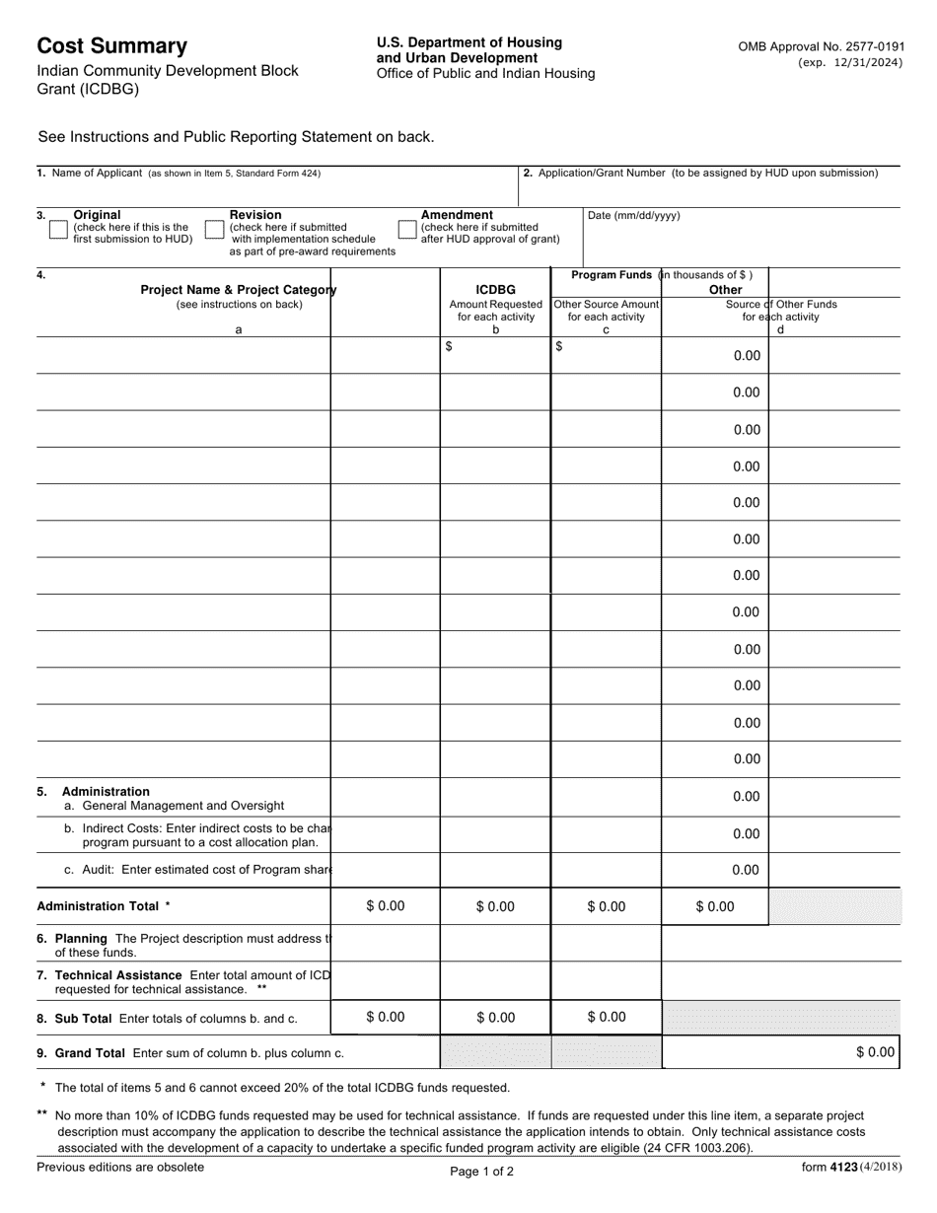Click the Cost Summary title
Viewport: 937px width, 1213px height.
click(111, 46)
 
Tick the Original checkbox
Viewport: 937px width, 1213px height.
click(58, 230)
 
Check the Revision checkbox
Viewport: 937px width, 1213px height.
click(214, 230)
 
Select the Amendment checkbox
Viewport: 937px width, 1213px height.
click(406, 230)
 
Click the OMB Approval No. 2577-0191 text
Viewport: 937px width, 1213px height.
click(820, 46)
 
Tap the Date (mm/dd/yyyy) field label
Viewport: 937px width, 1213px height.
click(634, 216)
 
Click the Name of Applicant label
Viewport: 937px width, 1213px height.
click(97, 174)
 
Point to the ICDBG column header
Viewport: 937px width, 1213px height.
click(495, 290)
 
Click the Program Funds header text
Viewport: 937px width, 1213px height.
click(612, 275)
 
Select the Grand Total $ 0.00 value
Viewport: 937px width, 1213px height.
click(875, 1052)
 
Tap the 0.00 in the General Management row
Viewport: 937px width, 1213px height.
click(746, 797)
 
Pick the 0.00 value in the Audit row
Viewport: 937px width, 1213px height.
click(746, 870)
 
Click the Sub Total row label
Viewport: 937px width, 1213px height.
click(83, 1018)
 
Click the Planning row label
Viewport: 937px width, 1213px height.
click(81, 938)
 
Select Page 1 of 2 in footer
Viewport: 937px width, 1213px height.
click(481, 1173)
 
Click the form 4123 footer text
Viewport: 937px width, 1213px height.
click(850, 1168)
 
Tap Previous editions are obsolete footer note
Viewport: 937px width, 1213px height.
click(120, 1168)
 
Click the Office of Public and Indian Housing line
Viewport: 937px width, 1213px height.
click(485, 74)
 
